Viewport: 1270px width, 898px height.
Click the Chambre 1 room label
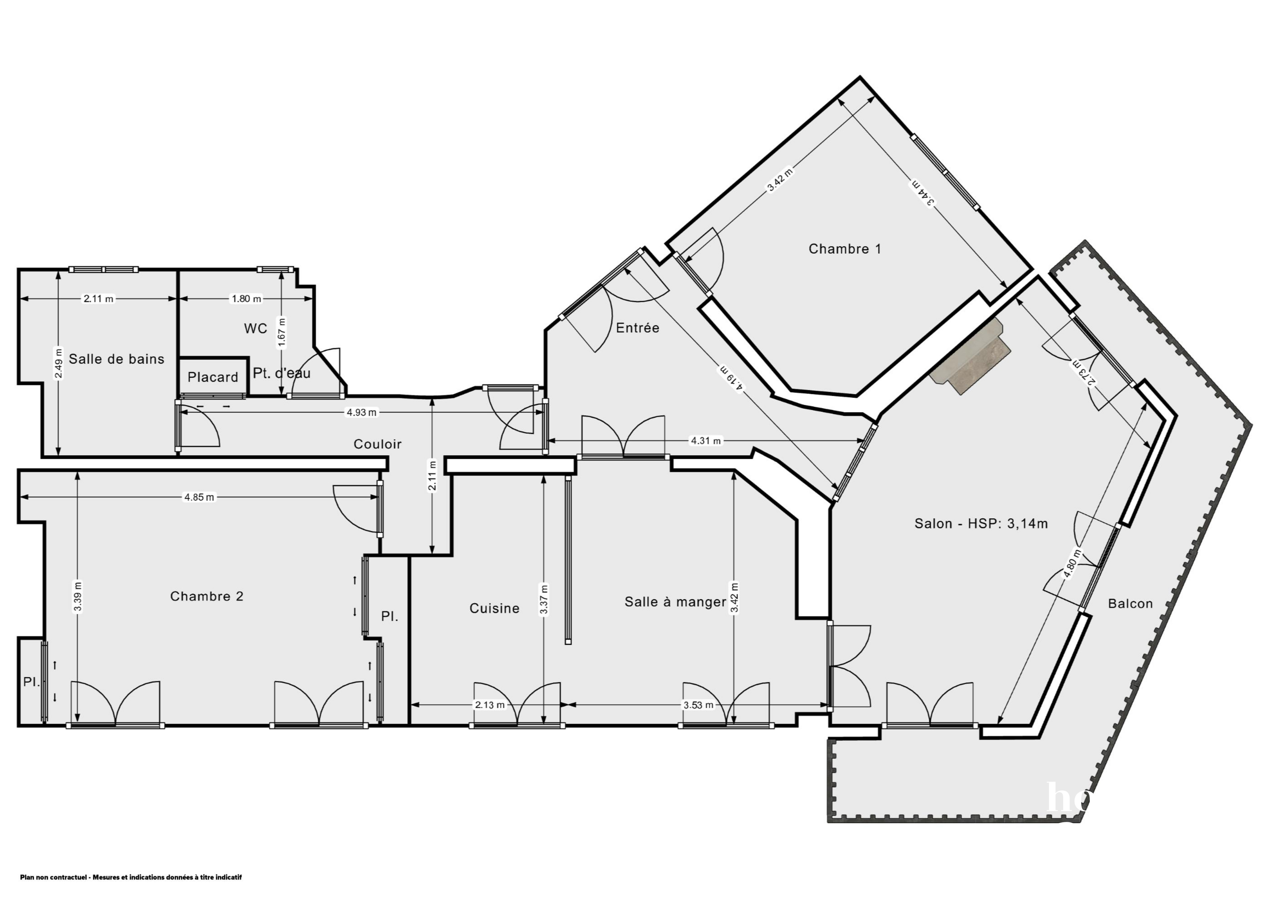tap(845, 249)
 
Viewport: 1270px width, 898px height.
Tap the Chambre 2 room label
tap(207, 596)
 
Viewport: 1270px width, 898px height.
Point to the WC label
tap(255, 328)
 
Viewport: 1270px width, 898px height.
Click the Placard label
tap(213, 377)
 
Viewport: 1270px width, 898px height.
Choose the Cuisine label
tap(495, 608)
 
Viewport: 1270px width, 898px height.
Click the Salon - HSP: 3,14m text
tap(981, 523)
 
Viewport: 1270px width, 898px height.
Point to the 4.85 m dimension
tap(199, 497)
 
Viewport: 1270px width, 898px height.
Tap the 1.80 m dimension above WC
tap(246, 299)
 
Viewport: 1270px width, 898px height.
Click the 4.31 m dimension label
tap(706, 441)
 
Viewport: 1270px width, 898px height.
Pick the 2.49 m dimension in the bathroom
tap(59, 363)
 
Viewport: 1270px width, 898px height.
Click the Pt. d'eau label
tap(282, 373)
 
